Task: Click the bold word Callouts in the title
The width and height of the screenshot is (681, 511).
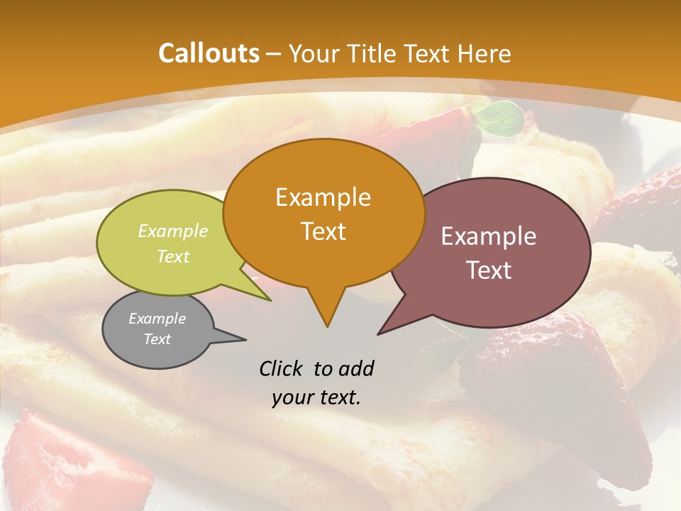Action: point(209,53)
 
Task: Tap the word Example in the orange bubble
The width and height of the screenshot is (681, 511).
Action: point(323,197)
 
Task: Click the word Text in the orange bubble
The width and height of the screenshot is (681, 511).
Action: point(323,231)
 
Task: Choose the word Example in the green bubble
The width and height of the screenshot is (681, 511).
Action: point(173,231)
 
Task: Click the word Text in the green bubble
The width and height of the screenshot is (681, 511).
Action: point(173,256)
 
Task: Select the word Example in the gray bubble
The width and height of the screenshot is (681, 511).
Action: point(157,319)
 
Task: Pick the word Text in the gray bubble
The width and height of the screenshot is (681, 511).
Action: point(157,339)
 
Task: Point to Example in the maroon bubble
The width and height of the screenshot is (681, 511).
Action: point(489,236)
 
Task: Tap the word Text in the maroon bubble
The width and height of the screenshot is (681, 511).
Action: point(489,270)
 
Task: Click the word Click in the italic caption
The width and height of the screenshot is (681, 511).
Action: point(282,368)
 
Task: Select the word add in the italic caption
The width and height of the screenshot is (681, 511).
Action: point(356,368)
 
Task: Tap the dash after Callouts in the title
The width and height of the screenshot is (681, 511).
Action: point(274,54)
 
